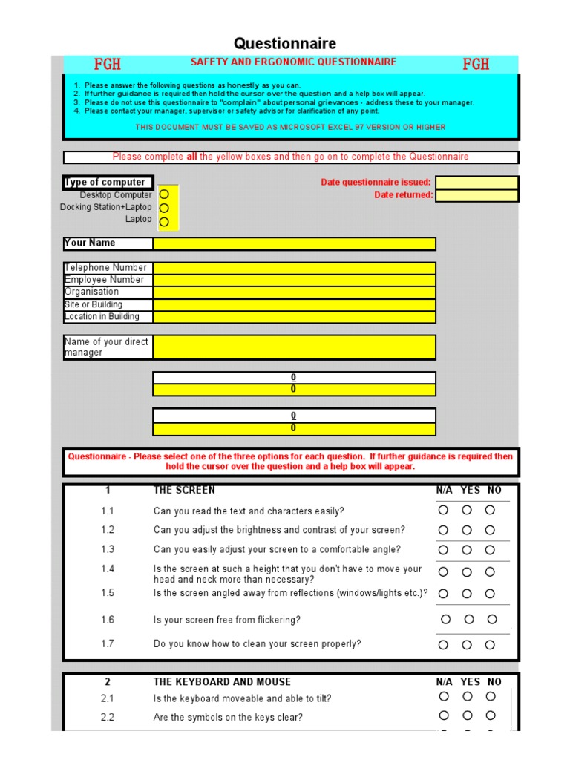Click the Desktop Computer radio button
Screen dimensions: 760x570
pyautogui.click(x=164, y=194)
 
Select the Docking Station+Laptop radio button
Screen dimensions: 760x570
pyautogui.click(x=164, y=208)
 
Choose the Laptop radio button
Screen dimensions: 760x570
pyautogui.click(x=164, y=221)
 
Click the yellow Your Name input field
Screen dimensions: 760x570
pyautogui.click(x=294, y=243)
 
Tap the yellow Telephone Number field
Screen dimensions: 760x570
pyautogui.click(x=294, y=268)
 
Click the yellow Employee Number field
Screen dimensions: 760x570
pyautogui.click(x=294, y=280)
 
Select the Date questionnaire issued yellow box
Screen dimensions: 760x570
pyautogui.click(x=476, y=183)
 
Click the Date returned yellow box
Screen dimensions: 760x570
pyautogui.click(x=476, y=195)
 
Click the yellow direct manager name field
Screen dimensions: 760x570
pyautogui.click(x=294, y=347)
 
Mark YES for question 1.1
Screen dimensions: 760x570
pyautogui.click(x=467, y=510)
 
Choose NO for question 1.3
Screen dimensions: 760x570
pyautogui.click(x=490, y=550)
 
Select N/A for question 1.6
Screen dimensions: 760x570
pyautogui.click(x=445, y=619)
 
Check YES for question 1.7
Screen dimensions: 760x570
pyautogui.click(x=467, y=644)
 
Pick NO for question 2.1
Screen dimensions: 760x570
pyautogui.click(x=491, y=696)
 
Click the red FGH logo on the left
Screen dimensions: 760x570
pyautogui.click(x=107, y=65)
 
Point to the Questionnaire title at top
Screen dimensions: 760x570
pyautogui.click(x=285, y=44)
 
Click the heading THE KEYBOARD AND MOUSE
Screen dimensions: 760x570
pyautogui.click(x=222, y=681)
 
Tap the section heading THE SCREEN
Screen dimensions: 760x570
pyautogui.click(x=184, y=490)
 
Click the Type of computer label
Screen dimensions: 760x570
pyautogui.click(x=106, y=182)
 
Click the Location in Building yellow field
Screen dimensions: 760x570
pyautogui.click(x=294, y=317)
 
